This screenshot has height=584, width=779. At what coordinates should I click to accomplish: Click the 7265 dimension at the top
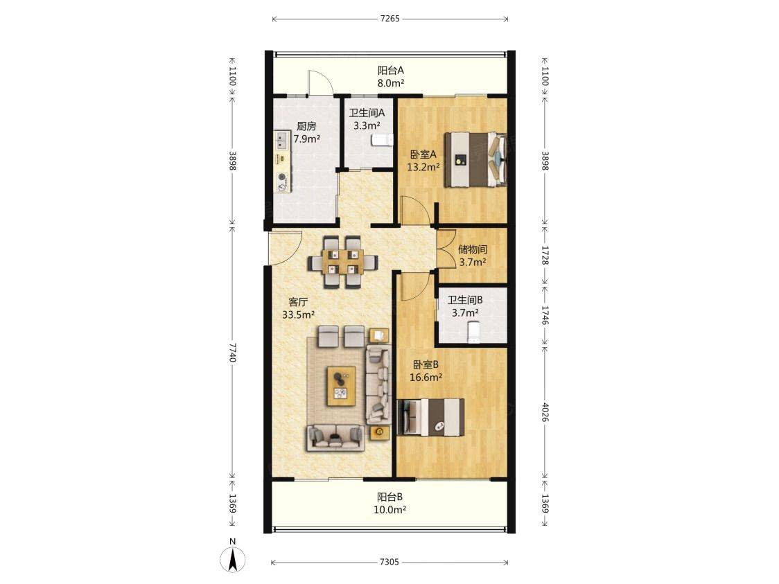click(390, 19)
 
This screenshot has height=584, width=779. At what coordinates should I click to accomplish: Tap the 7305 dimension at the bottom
click(389, 562)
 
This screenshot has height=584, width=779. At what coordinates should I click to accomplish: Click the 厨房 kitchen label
click(306, 126)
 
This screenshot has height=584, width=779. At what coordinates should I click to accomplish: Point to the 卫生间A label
click(367, 113)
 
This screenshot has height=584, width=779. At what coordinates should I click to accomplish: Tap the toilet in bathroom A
click(382, 140)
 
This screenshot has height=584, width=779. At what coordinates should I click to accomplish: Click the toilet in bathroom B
click(474, 332)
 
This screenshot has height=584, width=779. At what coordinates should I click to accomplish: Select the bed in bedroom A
click(475, 159)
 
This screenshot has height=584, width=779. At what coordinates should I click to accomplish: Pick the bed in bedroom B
click(431, 417)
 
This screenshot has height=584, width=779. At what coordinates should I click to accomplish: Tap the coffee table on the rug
click(341, 387)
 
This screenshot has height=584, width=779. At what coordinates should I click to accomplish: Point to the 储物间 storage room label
click(473, 249)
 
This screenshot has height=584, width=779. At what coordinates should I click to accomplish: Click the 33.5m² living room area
click(299, 315)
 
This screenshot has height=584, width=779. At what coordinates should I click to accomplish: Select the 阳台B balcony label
click(389, 497)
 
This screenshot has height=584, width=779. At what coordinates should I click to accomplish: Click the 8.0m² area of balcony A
click(390, 83)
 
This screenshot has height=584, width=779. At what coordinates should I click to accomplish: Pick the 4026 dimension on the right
click(545, 412)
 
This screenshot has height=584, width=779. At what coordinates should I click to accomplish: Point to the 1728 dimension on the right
click(545, 255)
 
